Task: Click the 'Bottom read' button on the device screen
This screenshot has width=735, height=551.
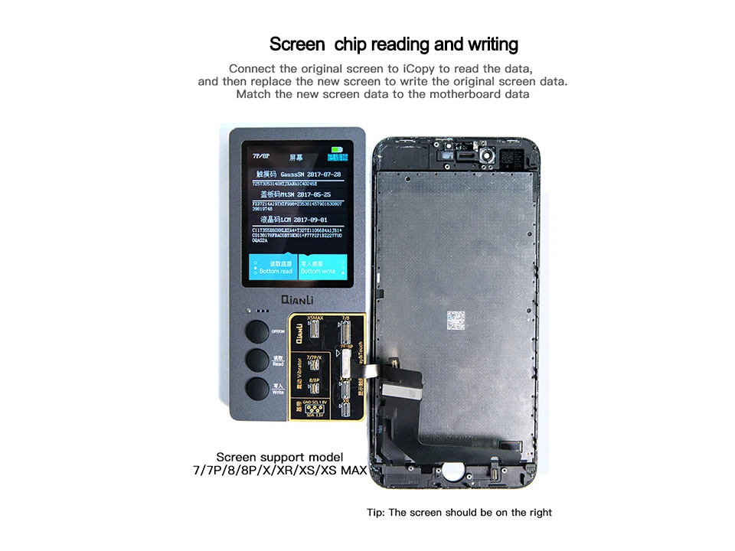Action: point(276,267)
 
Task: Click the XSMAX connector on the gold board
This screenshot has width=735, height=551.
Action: point(314,329)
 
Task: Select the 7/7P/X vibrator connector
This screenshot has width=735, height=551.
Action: point(314,367)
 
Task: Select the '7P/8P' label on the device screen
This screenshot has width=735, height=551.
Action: point(263,156)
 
